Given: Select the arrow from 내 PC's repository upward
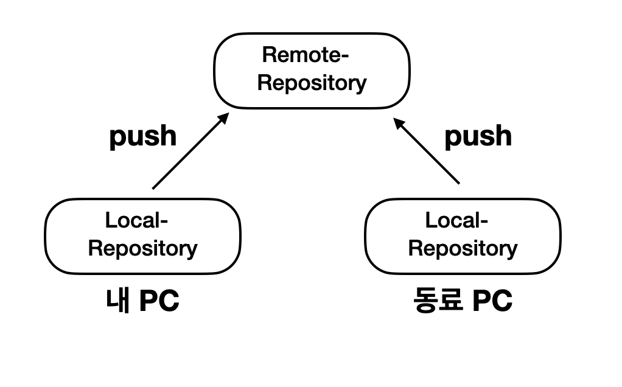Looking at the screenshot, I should [x=190, y=151].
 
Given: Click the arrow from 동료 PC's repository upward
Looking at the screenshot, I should [x=427, y=151].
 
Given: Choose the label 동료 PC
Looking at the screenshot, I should [x=463, y=301].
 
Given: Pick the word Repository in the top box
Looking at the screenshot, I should [x=312, y=83].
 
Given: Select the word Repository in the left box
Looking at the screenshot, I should [x=143, y=248].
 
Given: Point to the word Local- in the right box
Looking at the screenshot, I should [x=456, y=220].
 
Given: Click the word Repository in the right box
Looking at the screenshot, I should [x=463, y=248].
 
